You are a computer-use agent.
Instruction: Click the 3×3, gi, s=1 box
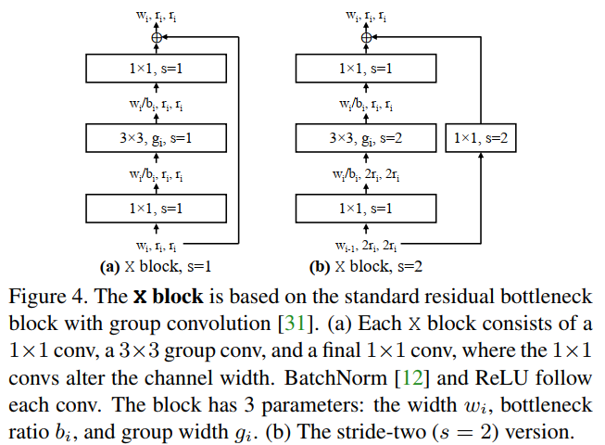pyautogui.click(x=156, y=139)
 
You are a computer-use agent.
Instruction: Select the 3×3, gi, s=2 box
pyautogui.click(x=365, y=139)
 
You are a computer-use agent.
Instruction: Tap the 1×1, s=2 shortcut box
pyautogui.click(x=481, y=139)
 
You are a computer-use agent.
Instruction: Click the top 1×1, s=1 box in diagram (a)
pyautogui.click(x=156, y=69)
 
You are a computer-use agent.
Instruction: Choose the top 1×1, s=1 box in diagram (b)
pyautogui.click(x=365, y=69)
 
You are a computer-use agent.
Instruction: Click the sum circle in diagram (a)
pyautogui.click(x=156, y=37)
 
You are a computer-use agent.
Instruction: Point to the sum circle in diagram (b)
pyautogui.click(x=365, y=37)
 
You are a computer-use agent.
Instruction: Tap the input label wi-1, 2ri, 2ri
pyautogui.click(x=365, y=248)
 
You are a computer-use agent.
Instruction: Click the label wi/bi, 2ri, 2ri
pyautogui.click(x=365, y=174)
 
